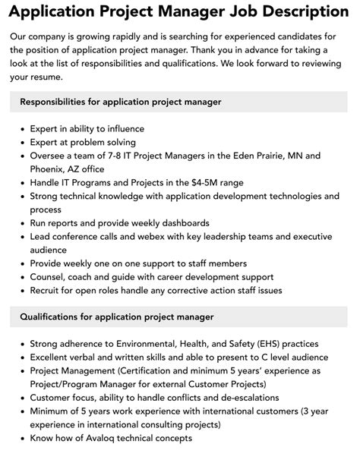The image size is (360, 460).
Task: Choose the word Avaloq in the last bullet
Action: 110,438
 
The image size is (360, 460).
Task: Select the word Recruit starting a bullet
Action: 48,290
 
